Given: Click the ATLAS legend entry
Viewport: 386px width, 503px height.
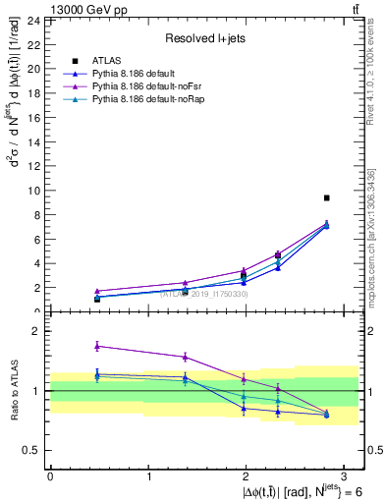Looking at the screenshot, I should [105, 61].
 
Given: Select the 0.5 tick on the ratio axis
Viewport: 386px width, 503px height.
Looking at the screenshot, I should [30, 450].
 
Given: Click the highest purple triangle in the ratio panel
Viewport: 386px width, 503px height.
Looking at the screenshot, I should [97, 346].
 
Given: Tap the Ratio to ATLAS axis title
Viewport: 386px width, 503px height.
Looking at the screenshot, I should [14, 391].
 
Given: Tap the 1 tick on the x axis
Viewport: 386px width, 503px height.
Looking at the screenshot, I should [148, 475].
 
